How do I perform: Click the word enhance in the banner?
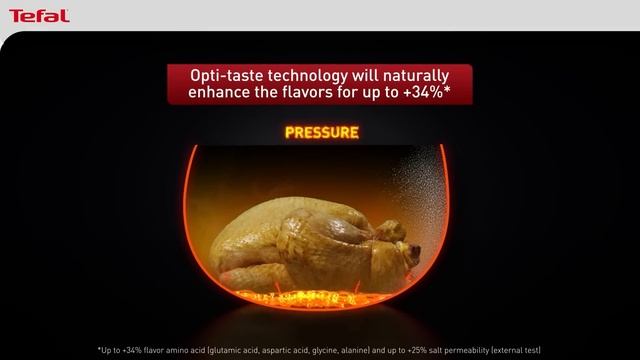tap(222, 94)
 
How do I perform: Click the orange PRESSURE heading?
tap(322, 132)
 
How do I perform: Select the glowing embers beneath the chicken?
tap(320, 293)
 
